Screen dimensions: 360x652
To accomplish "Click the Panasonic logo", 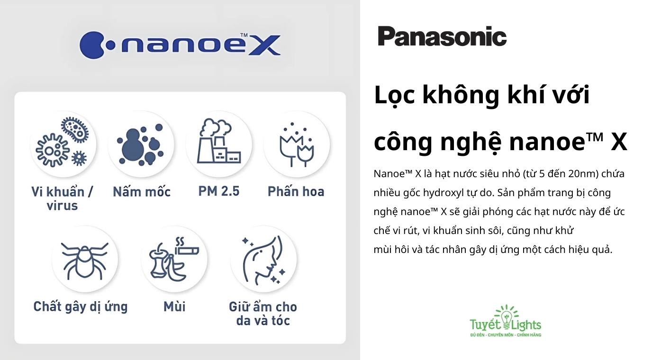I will (x=442, y=36).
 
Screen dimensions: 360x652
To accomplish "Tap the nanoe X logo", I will (x=180, y=45).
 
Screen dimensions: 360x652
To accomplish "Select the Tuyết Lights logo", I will (x=505, y=322).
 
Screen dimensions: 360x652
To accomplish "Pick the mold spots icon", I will (x=141, y=144).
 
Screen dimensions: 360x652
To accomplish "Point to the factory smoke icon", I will (x=219, y=143).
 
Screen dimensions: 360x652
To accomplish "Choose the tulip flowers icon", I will (x=297, y=144).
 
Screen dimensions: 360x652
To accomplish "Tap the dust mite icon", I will (x=84, y=259).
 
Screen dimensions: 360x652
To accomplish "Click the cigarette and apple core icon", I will (x=174, y=259).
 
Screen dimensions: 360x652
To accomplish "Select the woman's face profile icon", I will (x=263, y=260).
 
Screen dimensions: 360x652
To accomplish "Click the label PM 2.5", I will (x=219, y=191).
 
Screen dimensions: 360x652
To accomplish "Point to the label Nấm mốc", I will (x=141, y=192).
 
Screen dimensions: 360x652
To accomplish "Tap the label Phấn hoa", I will (x=296, y=192).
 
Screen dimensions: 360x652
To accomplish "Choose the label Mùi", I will (x=174, y=307).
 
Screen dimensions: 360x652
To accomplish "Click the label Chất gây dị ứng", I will (x=81, y=307).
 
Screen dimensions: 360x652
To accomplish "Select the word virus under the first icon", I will (x=62, y=206).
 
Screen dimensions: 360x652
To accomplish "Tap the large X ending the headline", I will (x=618, y=142).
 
